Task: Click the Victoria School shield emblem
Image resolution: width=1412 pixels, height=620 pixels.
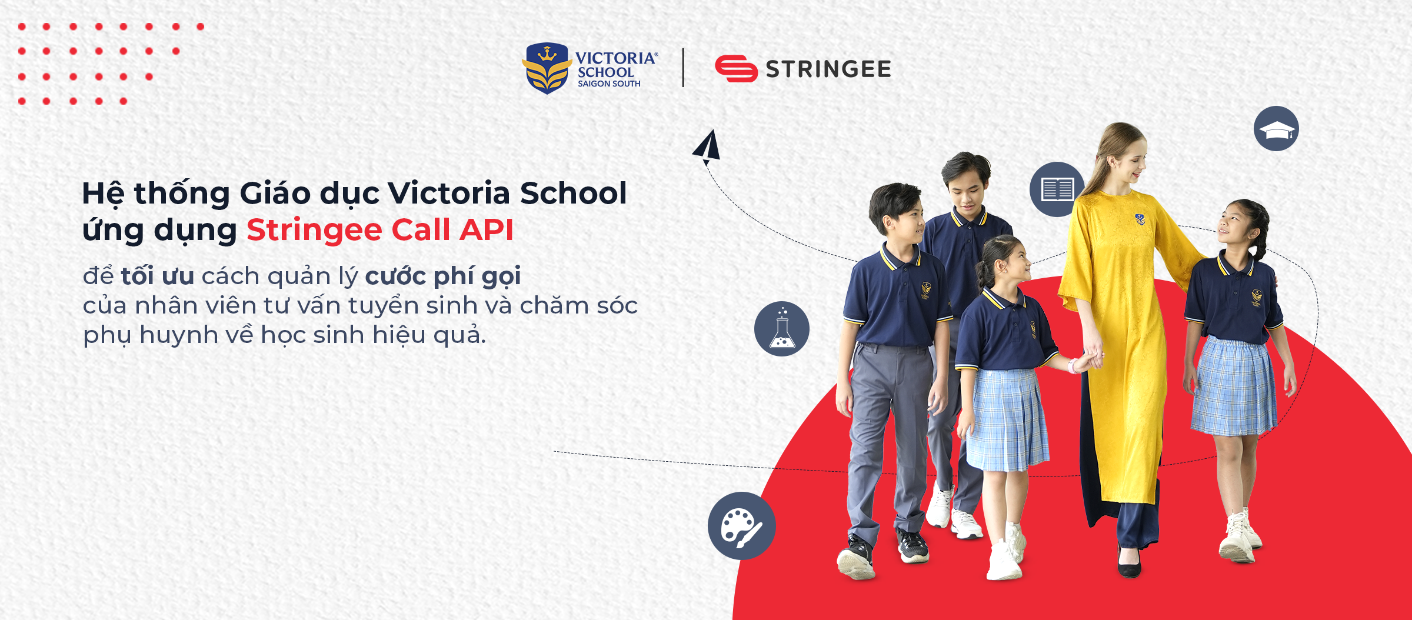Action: click(x=547, y=68)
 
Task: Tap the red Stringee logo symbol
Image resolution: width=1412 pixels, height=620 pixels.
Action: click(x=736, y=68)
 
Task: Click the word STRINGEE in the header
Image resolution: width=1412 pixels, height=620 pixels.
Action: click(x=828, y=69)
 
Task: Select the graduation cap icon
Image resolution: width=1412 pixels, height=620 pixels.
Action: click(x=1276, y=128)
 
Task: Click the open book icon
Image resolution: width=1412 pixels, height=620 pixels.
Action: click(x=1057, y=189)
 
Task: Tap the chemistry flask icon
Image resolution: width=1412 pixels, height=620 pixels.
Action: click(x=782, y=329)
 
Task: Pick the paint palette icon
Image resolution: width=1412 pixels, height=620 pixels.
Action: click(x=741, y=526)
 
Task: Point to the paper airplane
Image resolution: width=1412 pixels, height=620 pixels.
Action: click(x=707, y=146)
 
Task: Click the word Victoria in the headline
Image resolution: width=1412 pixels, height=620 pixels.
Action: click(x=448, y=193)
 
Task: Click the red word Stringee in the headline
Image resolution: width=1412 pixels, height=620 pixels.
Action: click(x=314, y=230)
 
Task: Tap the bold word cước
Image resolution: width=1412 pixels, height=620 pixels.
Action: click(x=395, y=276)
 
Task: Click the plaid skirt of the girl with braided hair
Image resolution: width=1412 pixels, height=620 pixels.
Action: click(x=1234, y=386)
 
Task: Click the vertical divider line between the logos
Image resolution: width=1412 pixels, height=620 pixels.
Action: click(x=683, y=68)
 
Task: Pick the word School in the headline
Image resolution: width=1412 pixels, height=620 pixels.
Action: click(x=574, y=193)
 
